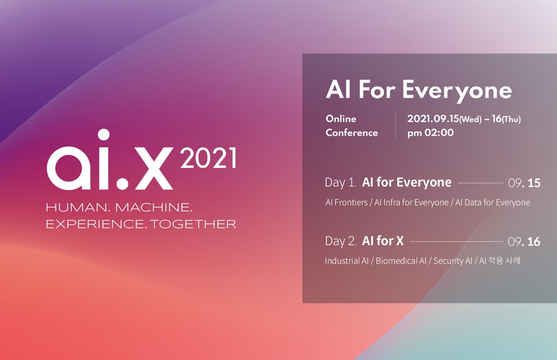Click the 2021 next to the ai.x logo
tap(208, 159)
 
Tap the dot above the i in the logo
tap(104, 135)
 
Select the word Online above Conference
tap(341, 119)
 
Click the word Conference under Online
tap(352, 133)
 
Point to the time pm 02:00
tap(430, 133)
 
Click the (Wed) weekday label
tap(470, 119)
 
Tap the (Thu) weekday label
tap(511, 119)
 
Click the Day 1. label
tap(341, 183)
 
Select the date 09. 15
tap(524, 183)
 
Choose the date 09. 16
tap(524, 242)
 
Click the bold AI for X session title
tap(383, 241)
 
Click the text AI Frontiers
tap(346, 202)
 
